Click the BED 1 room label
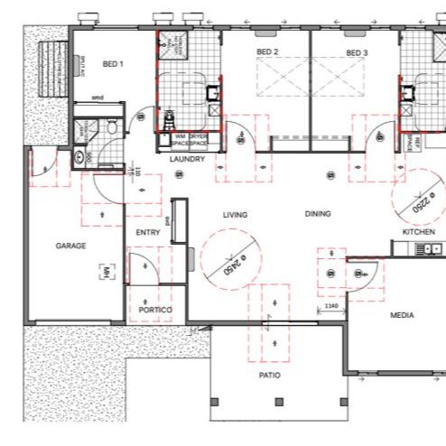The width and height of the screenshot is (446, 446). (x=113, y=64)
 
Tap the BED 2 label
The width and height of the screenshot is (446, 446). (x=267, y=52)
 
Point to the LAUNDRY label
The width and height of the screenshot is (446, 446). (x=187, y=159)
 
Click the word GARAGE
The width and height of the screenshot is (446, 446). (x=70, y=246)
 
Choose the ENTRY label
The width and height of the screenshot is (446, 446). (x=147, y=232)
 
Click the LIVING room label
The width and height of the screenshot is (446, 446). (x=236, y=215)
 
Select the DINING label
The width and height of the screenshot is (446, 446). (x=318, y=215)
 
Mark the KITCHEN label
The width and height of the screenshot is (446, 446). (x=419, y=232)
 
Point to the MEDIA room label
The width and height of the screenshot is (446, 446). (x=401, y=316)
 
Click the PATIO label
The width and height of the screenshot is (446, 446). (x=269, y=375)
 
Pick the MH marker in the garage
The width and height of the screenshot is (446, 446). (x=106, y=271)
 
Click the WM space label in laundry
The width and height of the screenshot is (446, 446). (x=181, y=138)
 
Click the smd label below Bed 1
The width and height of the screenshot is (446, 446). (x=98, y=97)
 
